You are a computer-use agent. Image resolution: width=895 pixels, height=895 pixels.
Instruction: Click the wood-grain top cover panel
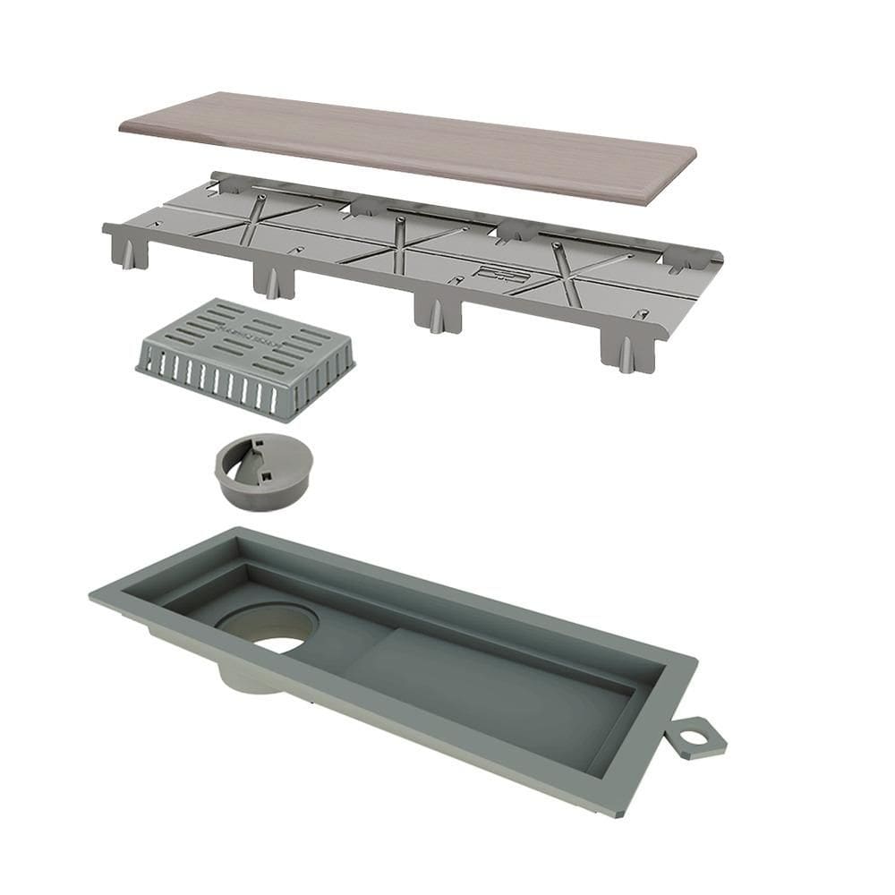(x=407, y=143)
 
